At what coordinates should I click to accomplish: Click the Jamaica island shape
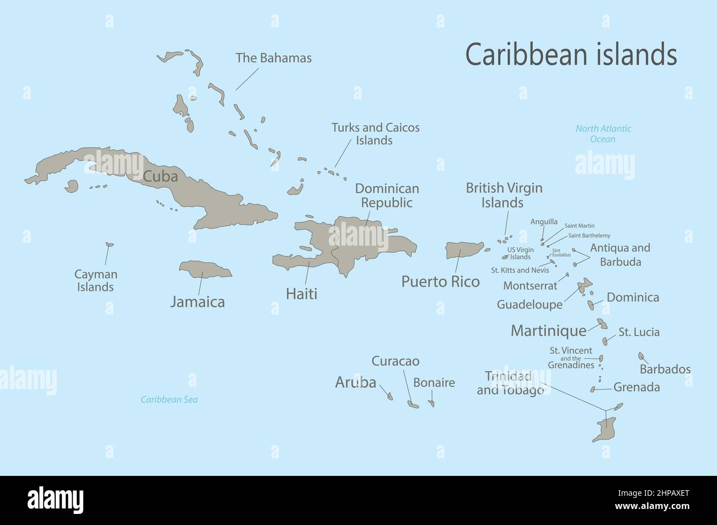[205, 269]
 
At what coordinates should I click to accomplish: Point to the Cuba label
[160, 176]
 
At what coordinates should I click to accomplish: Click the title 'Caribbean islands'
[571, 55]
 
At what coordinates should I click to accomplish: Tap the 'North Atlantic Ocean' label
[603, 134]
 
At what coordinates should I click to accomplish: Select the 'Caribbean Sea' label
[169, 400]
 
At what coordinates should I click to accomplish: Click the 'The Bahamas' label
[274, 58]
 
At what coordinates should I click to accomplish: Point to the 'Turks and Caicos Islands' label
[375, 134]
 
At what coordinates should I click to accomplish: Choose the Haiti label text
[301, 294]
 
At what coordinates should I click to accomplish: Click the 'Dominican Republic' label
[387, 195]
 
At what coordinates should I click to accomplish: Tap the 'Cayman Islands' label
[96, 280]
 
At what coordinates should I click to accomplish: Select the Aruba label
[356, 382]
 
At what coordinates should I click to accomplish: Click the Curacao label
[395, 361]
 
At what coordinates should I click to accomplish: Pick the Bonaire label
[434, 383]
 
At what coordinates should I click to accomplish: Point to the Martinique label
[548, 331]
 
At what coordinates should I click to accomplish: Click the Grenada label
[636, 388]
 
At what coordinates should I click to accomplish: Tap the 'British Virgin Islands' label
[504, 195]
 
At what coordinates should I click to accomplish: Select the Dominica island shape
[591, 305]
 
